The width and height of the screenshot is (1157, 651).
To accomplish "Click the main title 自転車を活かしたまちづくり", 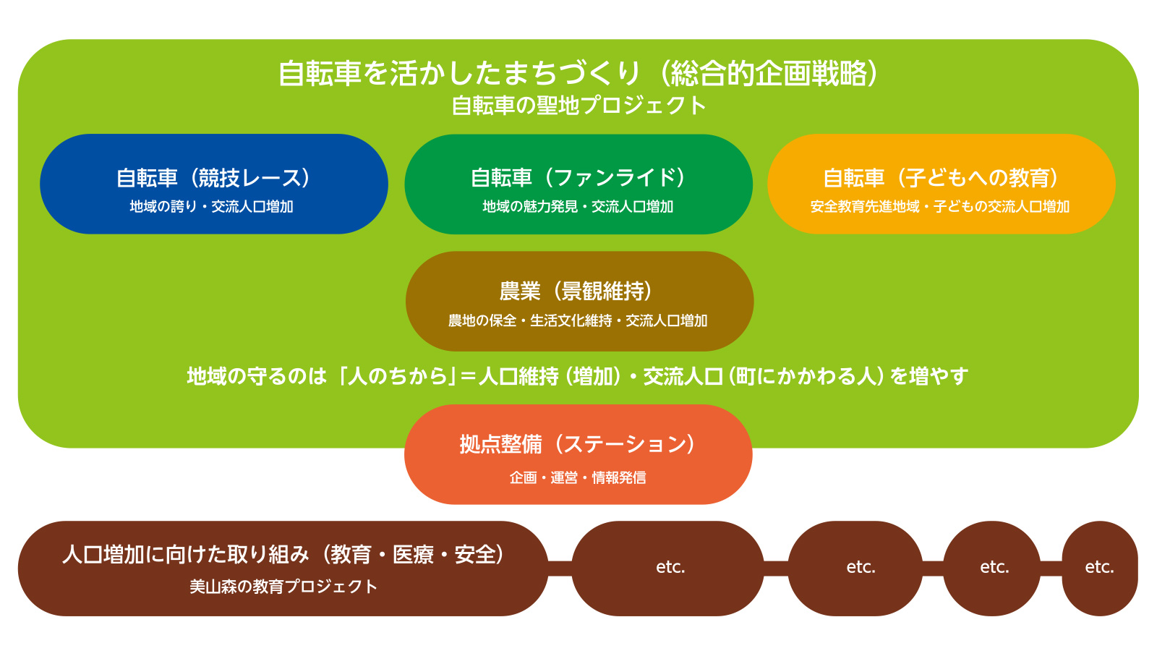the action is coord(460,73).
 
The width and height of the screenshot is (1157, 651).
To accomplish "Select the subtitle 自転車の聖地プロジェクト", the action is coord(579,106).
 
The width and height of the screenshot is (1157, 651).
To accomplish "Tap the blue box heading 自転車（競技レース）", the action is coord(213,178).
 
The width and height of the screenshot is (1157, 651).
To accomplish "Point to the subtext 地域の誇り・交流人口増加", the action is coord(212,207).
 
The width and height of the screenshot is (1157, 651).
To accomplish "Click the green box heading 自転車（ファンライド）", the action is coord(578,178).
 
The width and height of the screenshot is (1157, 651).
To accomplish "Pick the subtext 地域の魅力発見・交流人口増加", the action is coord(578,207).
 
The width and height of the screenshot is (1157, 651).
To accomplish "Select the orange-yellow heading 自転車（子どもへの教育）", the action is coord(941,178).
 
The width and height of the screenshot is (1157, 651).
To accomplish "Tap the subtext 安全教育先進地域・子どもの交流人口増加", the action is coord(940,207).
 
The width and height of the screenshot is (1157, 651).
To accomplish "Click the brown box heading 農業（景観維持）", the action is coord(576,292).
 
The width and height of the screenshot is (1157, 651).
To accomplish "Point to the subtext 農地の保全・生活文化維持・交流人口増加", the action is coord(578,321).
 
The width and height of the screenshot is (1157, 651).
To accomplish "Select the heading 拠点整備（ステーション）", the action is coord(578,444).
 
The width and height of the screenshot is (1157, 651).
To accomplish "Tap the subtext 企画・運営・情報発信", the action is coord(578,477).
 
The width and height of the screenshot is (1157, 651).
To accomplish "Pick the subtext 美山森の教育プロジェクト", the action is coord(283,587).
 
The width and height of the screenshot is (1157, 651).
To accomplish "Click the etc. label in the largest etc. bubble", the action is coord(670,567).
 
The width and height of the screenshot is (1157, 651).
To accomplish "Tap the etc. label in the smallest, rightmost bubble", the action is coord(1100,567).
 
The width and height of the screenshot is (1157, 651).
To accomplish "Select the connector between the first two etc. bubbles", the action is coord(776,569).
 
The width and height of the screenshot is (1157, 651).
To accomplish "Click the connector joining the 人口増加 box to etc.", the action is coord(560,569).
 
